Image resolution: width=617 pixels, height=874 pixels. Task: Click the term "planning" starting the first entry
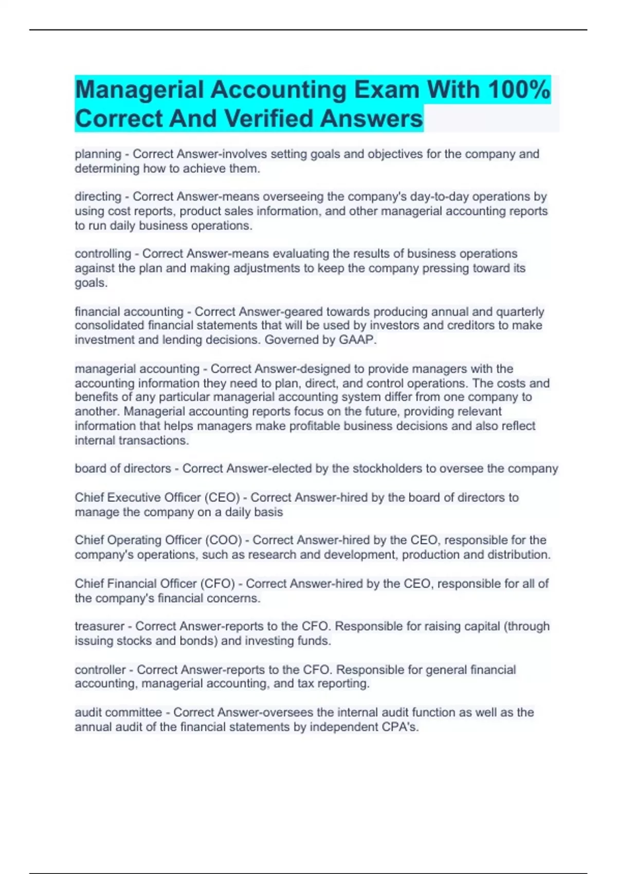click(x=98, y=154)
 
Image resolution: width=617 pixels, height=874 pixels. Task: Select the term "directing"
click(x=98, y=197)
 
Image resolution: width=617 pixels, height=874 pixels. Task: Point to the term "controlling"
click(x=103, y=254)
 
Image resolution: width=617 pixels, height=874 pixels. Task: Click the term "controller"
click(x=100, y=669)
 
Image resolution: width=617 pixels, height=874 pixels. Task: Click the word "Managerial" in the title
click(x=139, y=89)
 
